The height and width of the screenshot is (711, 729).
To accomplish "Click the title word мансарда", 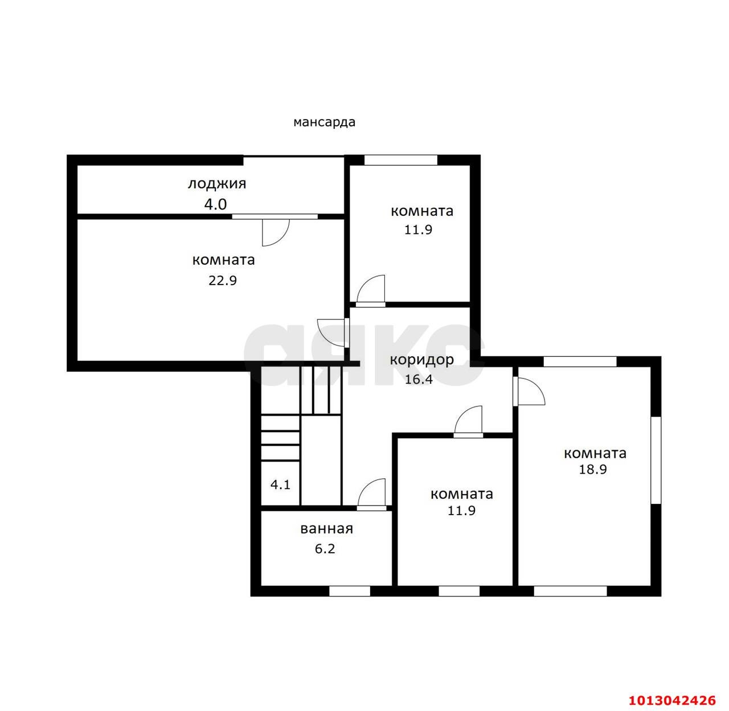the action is point(324,122).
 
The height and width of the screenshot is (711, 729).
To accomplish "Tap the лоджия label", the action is point(217,184).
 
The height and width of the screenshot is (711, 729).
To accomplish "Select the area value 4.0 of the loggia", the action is point(215,204).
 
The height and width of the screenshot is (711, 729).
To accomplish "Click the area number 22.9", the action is point(223,281).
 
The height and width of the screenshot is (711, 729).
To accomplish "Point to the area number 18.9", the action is point(593,469).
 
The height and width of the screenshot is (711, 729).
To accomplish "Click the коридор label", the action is point(422,360).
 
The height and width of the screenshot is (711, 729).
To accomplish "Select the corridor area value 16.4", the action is point(419,380).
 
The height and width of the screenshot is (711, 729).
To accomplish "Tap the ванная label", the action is point(327,529).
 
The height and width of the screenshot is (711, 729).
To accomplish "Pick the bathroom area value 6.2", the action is point(325,549).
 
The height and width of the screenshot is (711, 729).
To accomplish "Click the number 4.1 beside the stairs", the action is point(280,485).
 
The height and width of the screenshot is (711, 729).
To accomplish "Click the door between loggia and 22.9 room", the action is point(276,232).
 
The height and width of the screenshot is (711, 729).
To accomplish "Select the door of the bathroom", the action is point(371,494).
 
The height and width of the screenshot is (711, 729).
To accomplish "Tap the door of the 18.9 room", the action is point(529,391).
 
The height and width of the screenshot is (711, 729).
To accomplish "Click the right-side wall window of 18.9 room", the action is point(656,460).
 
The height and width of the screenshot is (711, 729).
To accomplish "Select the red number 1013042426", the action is point(672,700).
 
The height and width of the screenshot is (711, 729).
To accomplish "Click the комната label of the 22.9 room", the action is point(224,260).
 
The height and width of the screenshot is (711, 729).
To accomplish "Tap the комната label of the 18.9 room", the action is point(595,453).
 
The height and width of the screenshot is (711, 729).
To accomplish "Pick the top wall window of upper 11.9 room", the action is point(401,160).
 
